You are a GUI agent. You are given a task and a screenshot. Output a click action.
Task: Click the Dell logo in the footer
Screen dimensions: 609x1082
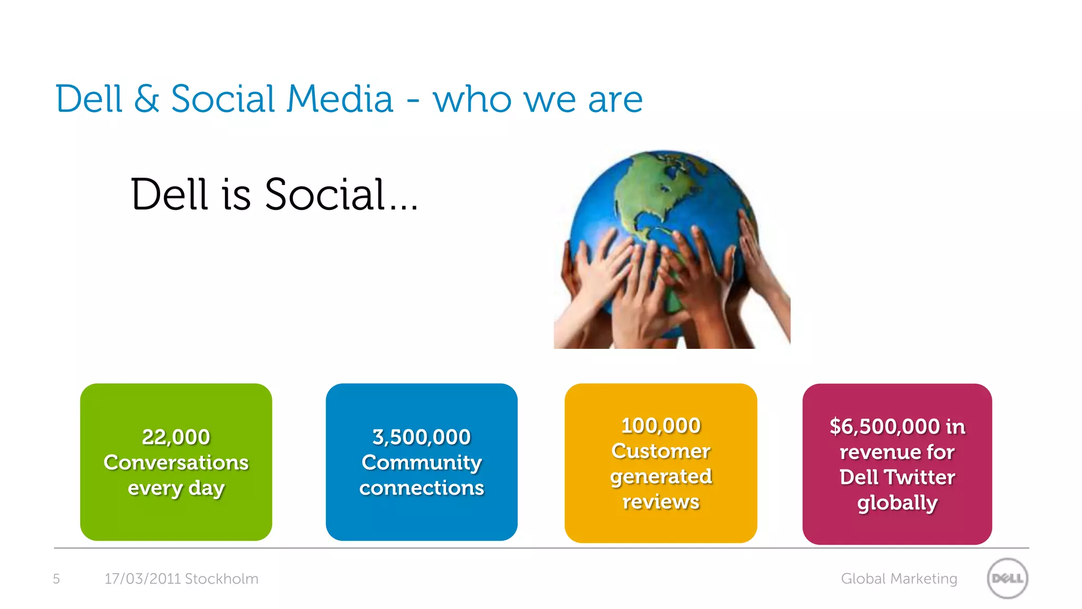click(x=1007, y=578)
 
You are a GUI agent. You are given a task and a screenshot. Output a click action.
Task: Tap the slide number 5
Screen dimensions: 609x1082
click(x=57, y=579)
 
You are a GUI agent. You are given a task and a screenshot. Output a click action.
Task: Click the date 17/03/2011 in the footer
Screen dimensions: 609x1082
click(x=143, y=579)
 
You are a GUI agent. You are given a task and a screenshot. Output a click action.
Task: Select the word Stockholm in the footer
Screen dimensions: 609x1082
click(x=221, y=579)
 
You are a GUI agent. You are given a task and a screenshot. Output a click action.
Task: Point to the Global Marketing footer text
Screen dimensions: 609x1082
click(x=899, y=579)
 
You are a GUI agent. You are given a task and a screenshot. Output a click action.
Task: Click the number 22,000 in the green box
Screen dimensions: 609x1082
click(x=176, y=437)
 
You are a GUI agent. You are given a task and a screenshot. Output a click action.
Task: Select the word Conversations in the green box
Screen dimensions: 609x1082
click(x=176, y=463)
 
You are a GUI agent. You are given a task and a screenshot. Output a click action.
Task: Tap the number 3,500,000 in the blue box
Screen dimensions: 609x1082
click(x=421, y=437)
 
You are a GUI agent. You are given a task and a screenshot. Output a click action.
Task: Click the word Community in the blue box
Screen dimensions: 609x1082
click(x=421, y=463)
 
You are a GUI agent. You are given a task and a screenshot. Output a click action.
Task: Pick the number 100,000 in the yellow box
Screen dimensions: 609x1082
click(x=660, y=426)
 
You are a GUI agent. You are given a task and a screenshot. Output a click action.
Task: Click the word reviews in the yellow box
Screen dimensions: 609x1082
click(x=660, y=502)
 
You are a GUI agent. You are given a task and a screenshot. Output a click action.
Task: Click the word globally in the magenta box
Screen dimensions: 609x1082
click(x=897, y=503)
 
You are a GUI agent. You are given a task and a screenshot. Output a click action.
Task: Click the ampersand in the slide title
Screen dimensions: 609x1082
click(x=146, y=99)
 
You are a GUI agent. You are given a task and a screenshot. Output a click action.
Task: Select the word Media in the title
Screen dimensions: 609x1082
click(x=340, y=99)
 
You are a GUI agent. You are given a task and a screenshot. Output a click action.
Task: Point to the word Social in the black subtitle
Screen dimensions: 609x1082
click(x=324, y=195)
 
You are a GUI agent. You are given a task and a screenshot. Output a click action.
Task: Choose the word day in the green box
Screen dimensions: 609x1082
click(x=207, y=488)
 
